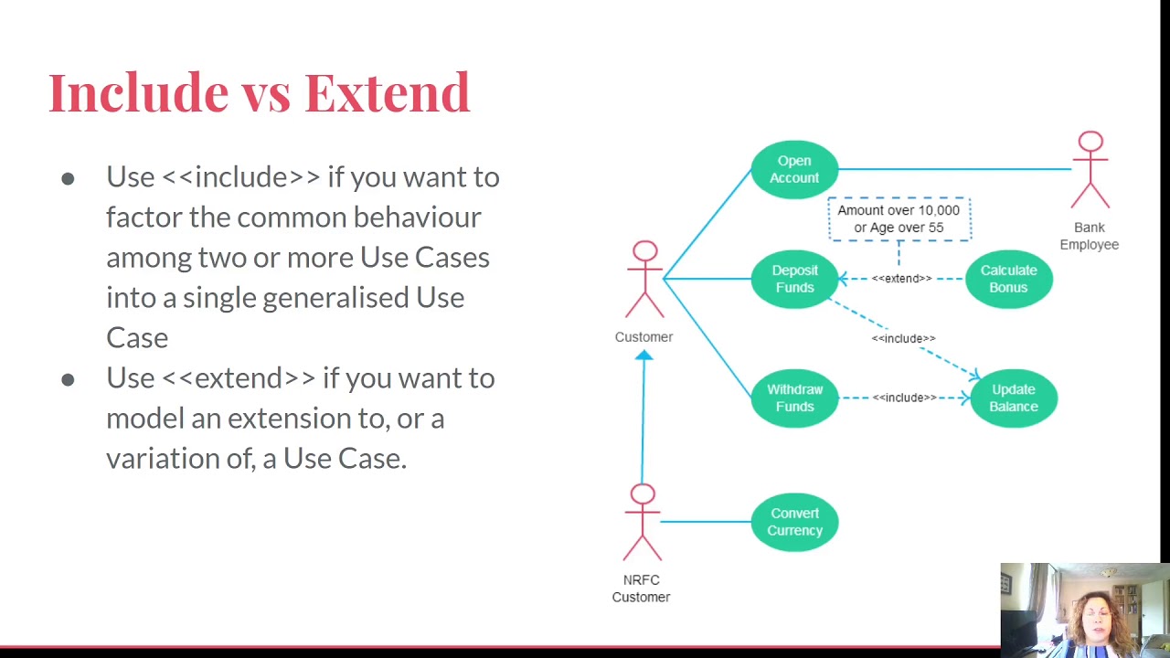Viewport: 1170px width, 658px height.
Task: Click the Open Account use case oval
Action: (794, 169)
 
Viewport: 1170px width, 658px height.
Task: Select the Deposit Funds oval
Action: (794, 279)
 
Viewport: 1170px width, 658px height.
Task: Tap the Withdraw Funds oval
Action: (794, 398)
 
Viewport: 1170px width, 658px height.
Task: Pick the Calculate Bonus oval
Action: (1008, 279)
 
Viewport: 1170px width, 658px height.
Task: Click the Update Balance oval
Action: (1013, 398)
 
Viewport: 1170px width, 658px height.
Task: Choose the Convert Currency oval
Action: (794, 522)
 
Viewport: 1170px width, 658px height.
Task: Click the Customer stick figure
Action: (644, 280)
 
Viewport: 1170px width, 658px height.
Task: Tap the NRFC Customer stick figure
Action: (643, 523)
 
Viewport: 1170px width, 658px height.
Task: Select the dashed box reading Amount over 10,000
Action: (899, 219)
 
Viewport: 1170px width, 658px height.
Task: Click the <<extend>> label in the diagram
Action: (901, 279)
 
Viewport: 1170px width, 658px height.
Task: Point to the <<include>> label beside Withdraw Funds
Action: (904, 398)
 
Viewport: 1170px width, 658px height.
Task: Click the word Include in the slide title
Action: (138, 93)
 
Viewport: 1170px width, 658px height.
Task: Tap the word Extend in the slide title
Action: (387, 93)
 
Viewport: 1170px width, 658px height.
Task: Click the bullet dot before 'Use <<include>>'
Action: (68, 178)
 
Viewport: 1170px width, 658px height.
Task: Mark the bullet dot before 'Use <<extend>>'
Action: (68, 379)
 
